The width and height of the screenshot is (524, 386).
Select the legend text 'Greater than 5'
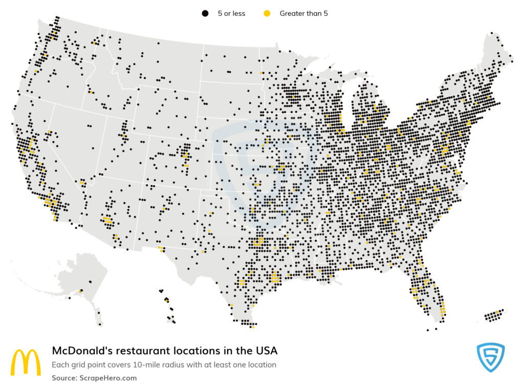coord(303,14)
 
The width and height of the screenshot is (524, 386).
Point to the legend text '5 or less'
coord(230,14)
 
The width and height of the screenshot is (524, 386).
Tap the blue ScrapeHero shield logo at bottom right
coord(490,358)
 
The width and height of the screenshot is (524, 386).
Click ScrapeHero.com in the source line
coord(108,378)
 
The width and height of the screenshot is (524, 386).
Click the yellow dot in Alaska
coord(80,291)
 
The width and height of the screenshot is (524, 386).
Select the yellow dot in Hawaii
coord(166,299)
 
